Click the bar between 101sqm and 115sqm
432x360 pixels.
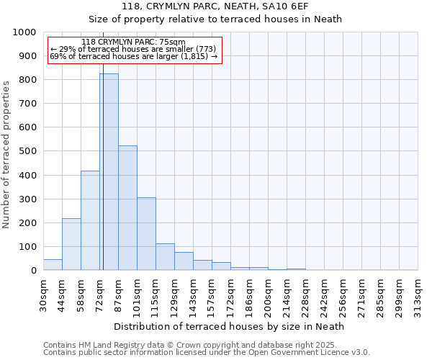pyautogui.click(x=146, y=233)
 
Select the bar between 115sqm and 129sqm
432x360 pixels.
pyautogui.click(x=165, y=256)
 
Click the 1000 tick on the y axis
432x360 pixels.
pyautogui.click(x=24, y=32)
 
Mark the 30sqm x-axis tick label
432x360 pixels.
pyautogui.click(x=44, y=295)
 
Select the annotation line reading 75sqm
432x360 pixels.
pyautogui.click(x=133, y=42)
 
